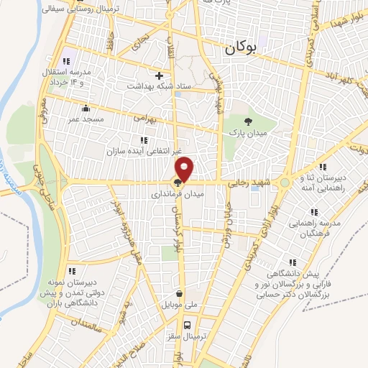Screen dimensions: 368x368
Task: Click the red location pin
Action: point(185,169)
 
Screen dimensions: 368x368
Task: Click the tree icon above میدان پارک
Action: point(249,121)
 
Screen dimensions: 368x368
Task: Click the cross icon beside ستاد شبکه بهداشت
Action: point(160,75)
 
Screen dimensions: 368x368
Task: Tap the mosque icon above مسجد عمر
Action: point(86,108)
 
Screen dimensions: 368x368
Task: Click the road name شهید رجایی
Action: point(247,183)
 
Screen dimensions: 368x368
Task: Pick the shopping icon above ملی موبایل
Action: point(179,293)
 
